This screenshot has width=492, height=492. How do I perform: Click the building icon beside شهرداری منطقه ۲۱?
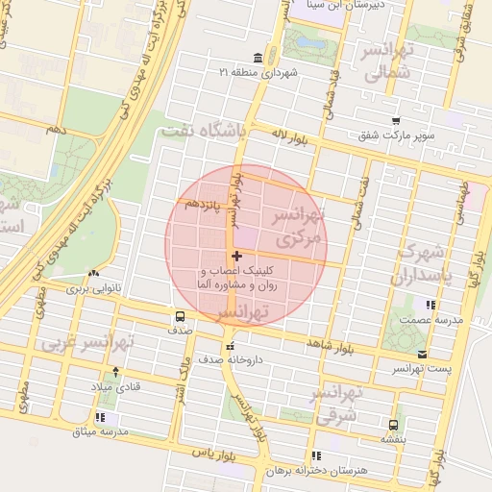pyautogui.click(x=257, y=57)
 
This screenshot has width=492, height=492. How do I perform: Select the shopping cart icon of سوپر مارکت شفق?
pyautogui.click(x=396, y=121)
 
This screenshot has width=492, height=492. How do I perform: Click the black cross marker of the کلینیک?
pyautogui.click(x=237, y=256)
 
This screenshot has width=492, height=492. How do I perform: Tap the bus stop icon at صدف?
pyautogui.click(x=180, y=316)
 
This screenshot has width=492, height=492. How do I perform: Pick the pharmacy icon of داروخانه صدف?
pyautogui.click(x=229, y=346)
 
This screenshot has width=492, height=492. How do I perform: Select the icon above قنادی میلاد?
pyautogui.click(x=116, y=371)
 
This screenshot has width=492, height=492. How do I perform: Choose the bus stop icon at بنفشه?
pyautogui.click(x=393, y=425)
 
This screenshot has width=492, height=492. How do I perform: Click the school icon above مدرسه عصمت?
pyautogui.click(x=429, y=305)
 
